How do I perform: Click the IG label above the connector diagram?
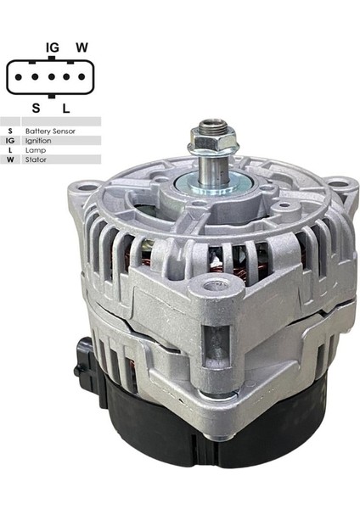click(x=53, y=48)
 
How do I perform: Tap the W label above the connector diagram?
click(x=82, y=48)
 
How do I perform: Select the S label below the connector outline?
click(x=36, y=108)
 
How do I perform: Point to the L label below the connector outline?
click(x=65, y=108)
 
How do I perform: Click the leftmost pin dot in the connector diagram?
click(x=20, y=77)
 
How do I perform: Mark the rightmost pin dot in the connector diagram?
click(x=84, y=77)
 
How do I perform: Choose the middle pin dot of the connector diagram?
click(x=52, y=77)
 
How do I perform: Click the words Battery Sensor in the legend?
click(x=50, y=131)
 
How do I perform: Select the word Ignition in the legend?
click(x=38, y=141)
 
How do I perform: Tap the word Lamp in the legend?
click(x=34, y=150)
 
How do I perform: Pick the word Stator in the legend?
click(x=36, y=159)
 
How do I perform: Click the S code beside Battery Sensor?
click(x=10, y=131)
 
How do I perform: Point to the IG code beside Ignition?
click(x=10, y=141)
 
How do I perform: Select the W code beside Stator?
click(x=10, y=159)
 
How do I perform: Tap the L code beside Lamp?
click(x=10, y=150)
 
